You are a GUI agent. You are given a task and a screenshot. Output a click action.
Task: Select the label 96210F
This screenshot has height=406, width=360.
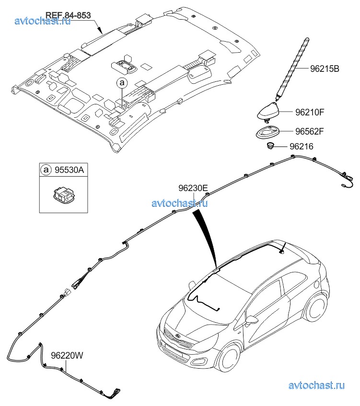pyautogui.click(x=310, y=113)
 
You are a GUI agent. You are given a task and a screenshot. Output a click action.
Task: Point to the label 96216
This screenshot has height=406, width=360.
pyautogui.click(x=301, y=147)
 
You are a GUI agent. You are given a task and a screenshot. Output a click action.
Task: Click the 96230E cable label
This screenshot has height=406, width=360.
pyautogui.click(x=193, y=188)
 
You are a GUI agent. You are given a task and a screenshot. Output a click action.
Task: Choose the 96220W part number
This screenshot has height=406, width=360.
pyautogui.click(x=67, y=355)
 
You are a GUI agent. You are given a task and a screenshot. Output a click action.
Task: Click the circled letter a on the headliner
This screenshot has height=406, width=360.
pyautogui.click(x=121, y=83)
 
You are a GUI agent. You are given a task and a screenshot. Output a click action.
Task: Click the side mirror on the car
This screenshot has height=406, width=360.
pyautogui.click(x=251, y=320)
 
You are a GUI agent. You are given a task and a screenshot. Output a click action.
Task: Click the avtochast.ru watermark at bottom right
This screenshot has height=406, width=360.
pyautogui.click(x=317, y=385)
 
